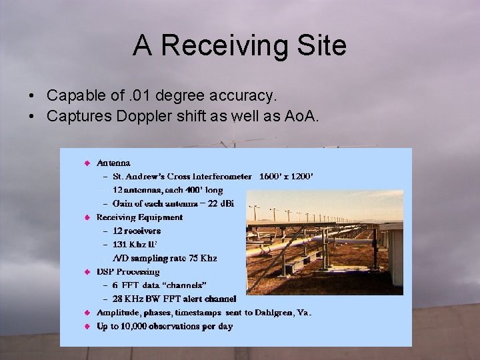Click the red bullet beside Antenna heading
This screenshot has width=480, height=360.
(87, 163)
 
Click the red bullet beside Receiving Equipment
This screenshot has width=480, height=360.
(87, 217)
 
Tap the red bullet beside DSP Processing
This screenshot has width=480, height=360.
(87, 272)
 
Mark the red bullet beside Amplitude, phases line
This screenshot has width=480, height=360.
(87, 313)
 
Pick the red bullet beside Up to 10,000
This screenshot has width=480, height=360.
(87, 327)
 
